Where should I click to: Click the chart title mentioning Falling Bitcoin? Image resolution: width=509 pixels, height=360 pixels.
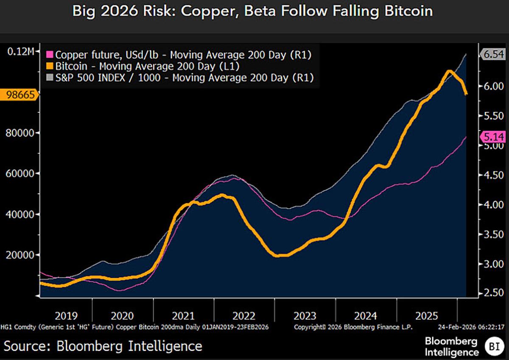point(253,11)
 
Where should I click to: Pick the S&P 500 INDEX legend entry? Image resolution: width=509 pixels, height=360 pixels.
point(182,78)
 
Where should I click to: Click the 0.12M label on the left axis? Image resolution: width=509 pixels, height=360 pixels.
point(20,51)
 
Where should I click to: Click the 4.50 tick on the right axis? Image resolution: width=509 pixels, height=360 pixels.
point(493,175)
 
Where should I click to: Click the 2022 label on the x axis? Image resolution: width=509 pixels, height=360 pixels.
point(244,316)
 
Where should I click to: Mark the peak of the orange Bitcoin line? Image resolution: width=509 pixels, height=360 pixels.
point(449,71)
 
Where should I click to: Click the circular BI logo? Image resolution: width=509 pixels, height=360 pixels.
point(494,346)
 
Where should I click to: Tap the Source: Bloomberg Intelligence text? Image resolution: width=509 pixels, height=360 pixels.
point(103,346)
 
